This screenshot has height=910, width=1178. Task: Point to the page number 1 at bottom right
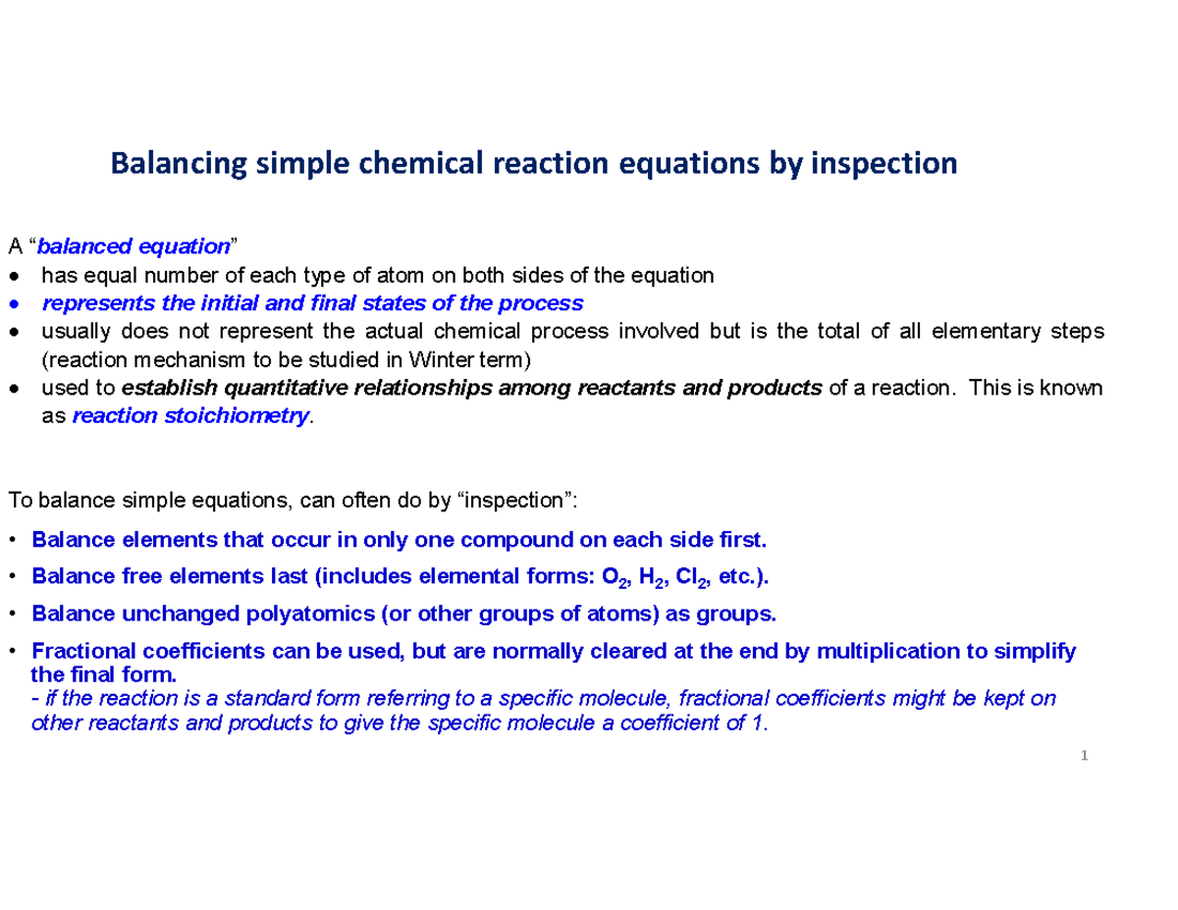click(x=1085, y=756)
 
